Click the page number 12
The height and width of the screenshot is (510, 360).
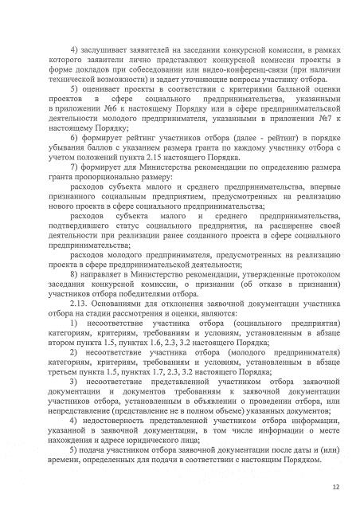pos(336,484)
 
